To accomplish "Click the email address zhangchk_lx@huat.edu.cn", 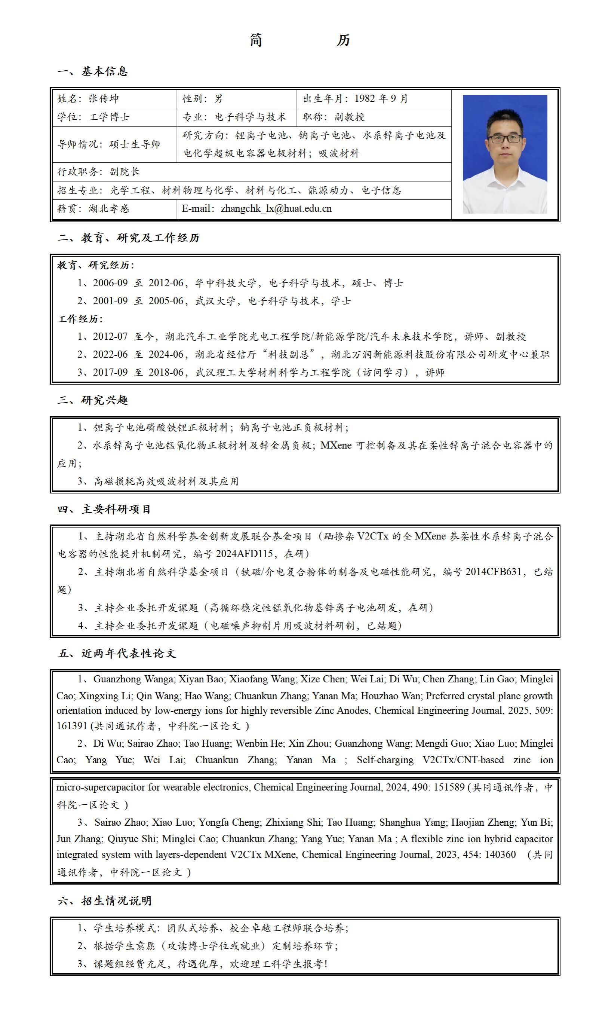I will (x=276, y=209).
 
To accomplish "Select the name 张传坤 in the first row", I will (x=104, y=99).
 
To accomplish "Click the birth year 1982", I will (x=365, y=99).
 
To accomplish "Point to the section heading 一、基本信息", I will (x=92, y=72).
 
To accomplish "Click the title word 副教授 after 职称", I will (x=349, y=117).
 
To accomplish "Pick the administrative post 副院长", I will (x=125, y=172).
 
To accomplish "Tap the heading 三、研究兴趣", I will (x=92, y=400).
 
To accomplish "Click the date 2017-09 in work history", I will (x=110, y=372).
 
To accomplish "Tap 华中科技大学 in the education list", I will (x=226, y=283).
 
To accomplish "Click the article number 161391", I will (x=73, y=726).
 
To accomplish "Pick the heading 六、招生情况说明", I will (x=104, y=901).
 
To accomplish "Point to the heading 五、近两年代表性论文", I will (x=116, y=654).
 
